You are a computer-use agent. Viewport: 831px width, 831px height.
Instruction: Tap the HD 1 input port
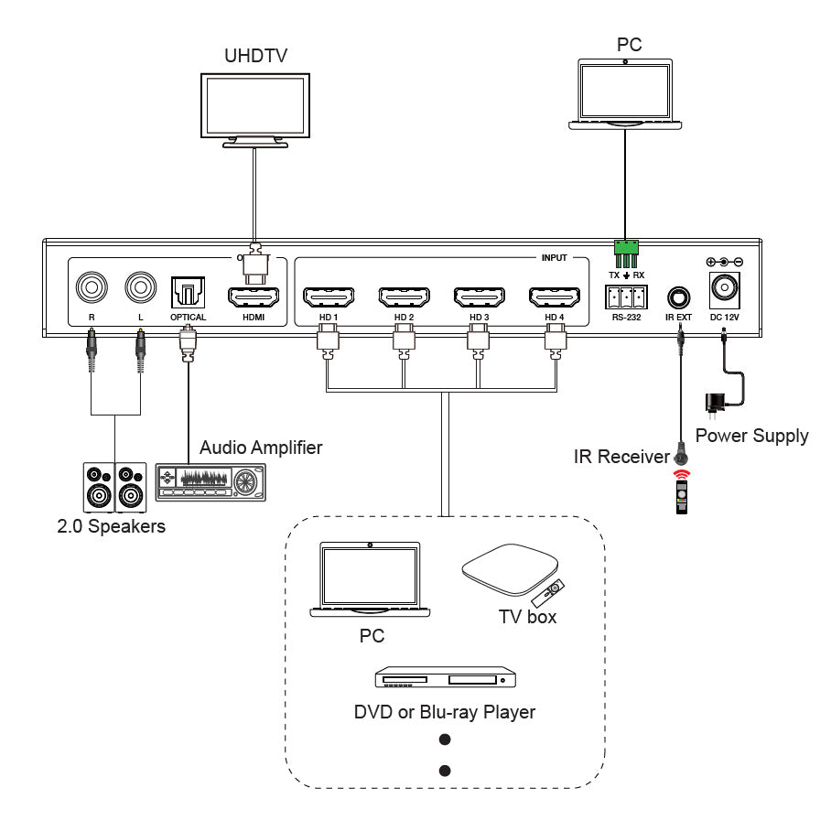[329, 297]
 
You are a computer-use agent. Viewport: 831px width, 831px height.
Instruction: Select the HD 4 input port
[554, 297]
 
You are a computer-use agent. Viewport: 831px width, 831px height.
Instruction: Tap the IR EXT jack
[679, 297]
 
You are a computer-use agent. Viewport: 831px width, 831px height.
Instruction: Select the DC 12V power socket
[725, 288]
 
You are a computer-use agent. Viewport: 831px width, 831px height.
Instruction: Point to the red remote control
[681, 492]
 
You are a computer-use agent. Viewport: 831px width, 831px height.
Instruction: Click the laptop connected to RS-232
[625, 93]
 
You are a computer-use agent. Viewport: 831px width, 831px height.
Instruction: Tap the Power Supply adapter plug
[713, 403]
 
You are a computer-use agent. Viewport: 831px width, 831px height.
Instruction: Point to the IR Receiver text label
[621, 456]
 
